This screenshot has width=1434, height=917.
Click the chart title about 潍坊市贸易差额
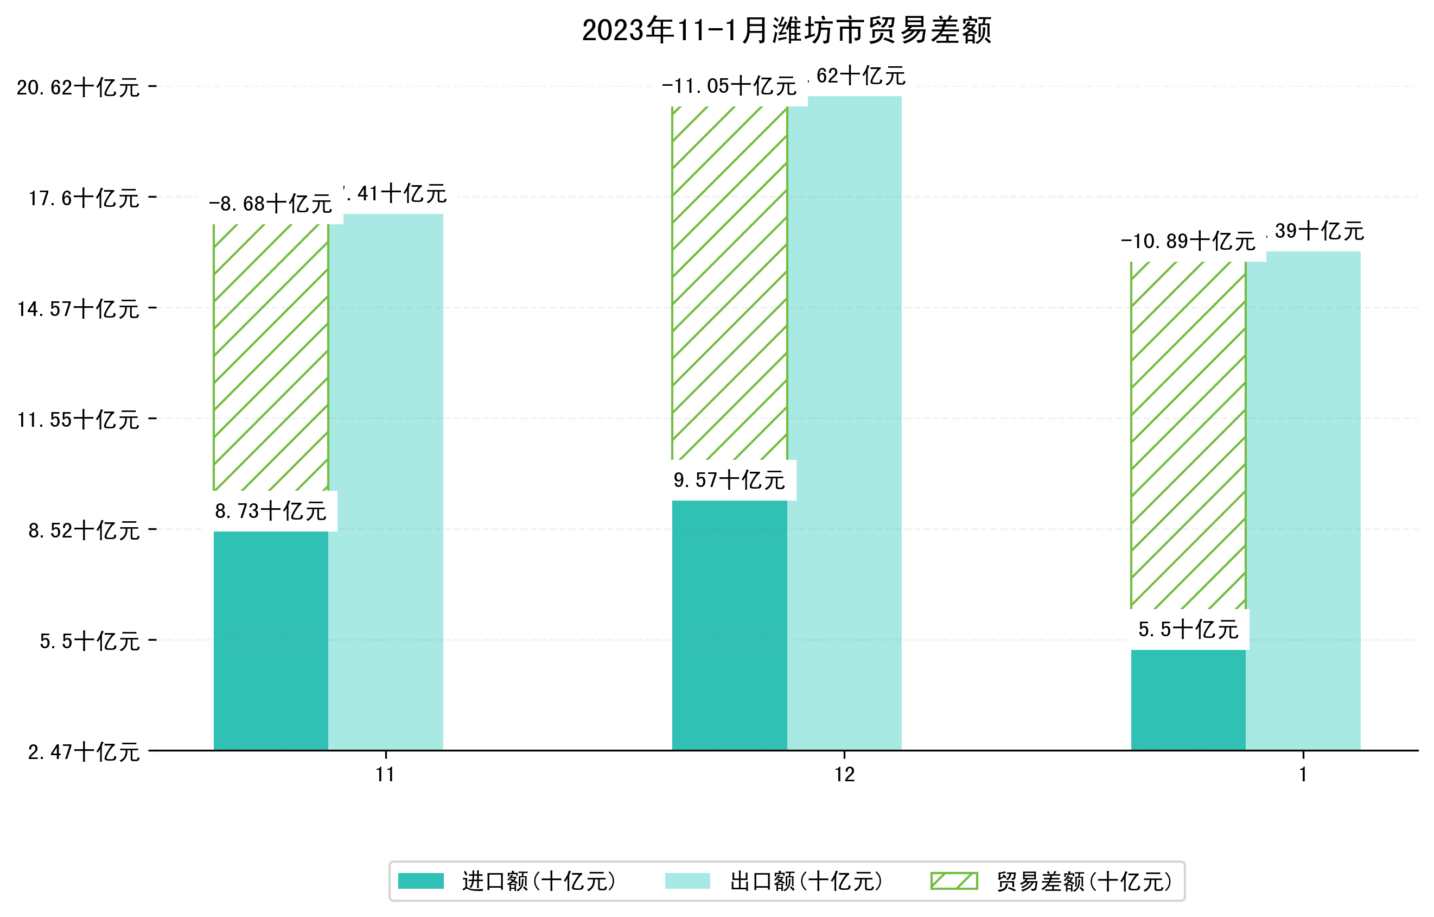point(786,30)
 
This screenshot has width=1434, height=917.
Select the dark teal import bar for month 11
point(271,640)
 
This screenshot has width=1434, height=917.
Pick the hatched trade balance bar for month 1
point(1188,435)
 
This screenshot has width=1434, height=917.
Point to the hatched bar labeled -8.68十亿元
point(271,357)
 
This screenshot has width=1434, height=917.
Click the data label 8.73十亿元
point(271,511)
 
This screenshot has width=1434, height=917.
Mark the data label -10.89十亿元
point(1188,241)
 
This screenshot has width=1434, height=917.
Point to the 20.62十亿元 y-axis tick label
point(78,87)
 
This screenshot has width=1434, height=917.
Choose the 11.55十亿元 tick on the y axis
point(78,420)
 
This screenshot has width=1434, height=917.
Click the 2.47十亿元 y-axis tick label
point(84,752)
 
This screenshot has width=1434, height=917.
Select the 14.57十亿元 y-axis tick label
point(78,308)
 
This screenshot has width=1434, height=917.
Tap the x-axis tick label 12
point(844,775)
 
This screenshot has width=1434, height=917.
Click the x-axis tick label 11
point(385,775)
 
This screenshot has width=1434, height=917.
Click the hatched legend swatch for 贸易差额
point(954,881)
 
